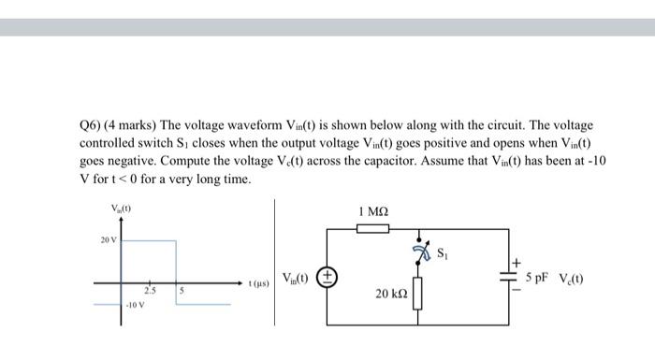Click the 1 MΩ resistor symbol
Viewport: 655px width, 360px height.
tap(373, 226)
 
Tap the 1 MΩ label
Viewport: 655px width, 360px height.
tap(373, 211)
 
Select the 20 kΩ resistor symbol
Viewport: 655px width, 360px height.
tap(416, 296)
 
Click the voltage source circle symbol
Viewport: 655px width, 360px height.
tap(327, 276)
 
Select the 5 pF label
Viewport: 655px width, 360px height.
tap(540, 278)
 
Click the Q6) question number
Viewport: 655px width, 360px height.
tap(92, 125)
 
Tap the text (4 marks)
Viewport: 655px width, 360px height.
tap(132, 125)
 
